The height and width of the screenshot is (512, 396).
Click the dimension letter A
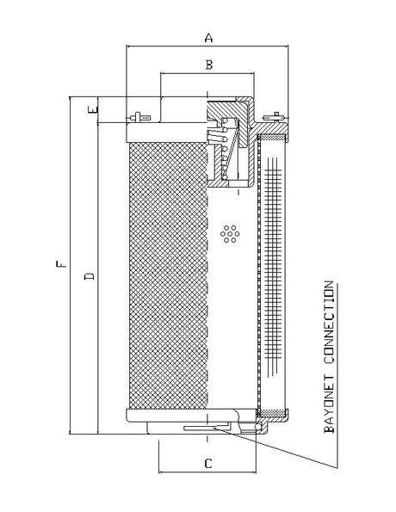[x=207, y=37]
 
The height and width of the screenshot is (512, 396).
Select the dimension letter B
[x=207, y=65]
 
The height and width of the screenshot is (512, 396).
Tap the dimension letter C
[x=207, y=464]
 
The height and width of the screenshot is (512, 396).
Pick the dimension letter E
[x=92, y=109]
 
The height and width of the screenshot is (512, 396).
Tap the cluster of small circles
[x=229, y=233]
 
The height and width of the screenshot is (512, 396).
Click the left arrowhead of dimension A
[x=128, y=47]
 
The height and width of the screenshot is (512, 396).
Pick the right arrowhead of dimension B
[x=255, y=75]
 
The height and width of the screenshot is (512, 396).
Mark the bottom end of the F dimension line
[x=70, y=435]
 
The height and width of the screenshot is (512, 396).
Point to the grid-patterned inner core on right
[x=275, y=267]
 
